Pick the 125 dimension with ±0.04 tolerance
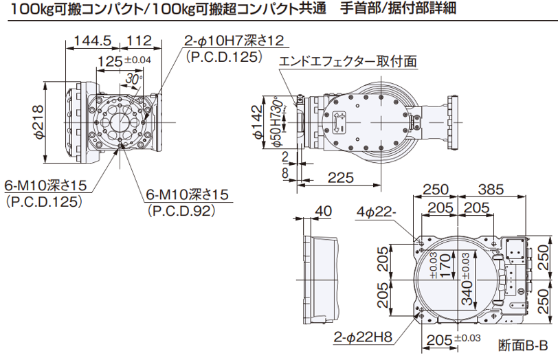[x=110, y=62]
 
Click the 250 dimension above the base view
[x=435, y=189]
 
